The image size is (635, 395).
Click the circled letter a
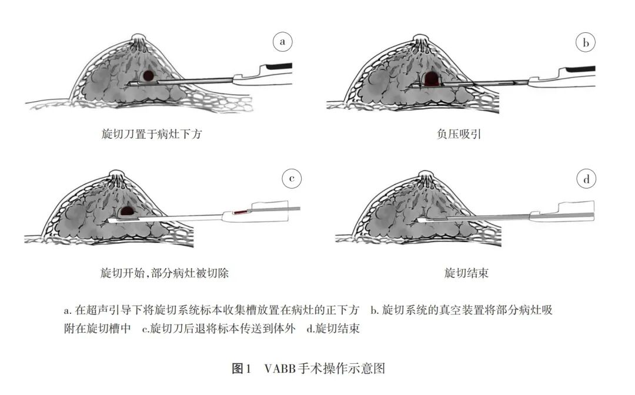pos(283,42)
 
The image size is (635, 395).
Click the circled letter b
pos(586,42)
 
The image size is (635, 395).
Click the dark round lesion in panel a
pos(149,75)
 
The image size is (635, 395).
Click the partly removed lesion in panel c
pos(127,210)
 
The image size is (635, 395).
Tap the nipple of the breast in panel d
pos(426,175)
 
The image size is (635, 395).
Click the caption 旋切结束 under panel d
pos(467,273)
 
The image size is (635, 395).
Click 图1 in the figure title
pos(242,369)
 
